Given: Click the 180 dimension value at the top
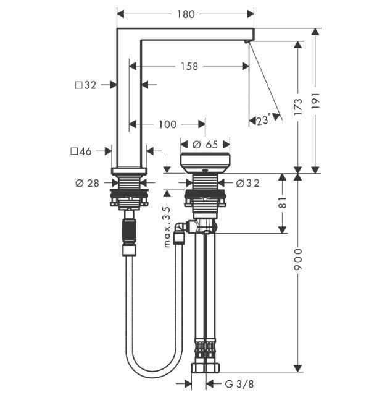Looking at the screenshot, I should click(185, 13).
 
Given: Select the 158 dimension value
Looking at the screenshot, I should click(189, 66).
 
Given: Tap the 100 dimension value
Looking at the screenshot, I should click(167, 124).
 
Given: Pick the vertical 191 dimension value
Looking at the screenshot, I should click(316, 98).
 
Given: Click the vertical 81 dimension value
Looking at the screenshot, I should click(282, 203).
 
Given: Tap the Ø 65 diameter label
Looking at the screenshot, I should click(205, 144).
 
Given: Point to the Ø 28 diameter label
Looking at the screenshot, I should click(88, 182).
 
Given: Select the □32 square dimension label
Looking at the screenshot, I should click(85, 85).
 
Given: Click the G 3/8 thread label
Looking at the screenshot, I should click(239, 384).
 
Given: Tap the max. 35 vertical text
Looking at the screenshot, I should click(167, 219).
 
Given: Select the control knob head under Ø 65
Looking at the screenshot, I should click(205, 163).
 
